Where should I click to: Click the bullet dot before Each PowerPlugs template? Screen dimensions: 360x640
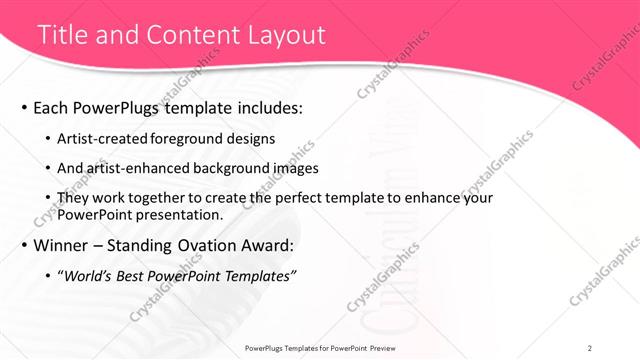pos(24,108)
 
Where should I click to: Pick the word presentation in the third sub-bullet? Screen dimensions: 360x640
pos(176,214)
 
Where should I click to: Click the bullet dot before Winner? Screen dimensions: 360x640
pos(24,245)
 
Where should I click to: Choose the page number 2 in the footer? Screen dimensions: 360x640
pos(590,348)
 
